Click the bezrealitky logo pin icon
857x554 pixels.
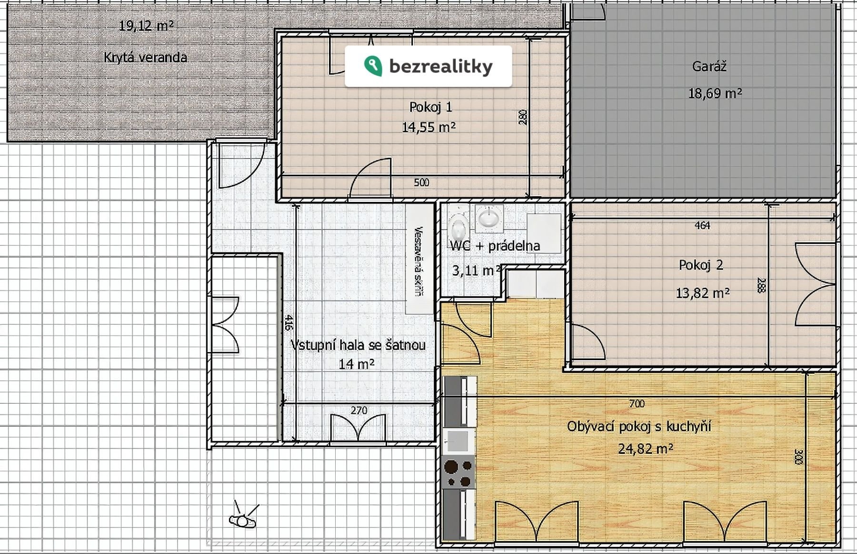point(373,66)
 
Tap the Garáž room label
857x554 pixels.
point(709,66)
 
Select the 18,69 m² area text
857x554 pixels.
point(715,93)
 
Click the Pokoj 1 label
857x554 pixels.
point(430,107)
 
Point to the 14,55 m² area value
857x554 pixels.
point(429,127)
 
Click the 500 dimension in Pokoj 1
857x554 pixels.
point(421,182)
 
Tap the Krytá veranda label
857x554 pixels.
point(145,58)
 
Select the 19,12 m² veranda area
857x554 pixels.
point(146,25)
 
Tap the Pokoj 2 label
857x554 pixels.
point(701,265)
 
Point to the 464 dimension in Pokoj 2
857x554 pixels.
point(702,226)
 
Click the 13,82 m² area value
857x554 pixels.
point(703,292)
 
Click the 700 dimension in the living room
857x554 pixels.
point(637,404)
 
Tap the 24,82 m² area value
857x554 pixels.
point(646,449)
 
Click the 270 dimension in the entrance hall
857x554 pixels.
point(359,410)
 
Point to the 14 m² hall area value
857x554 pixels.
point(356,364)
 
